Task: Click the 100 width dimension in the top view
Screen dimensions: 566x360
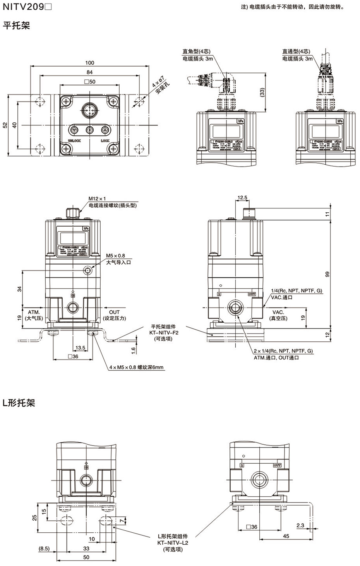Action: click(x=89, y=63)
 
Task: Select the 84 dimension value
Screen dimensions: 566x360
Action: click(x=89, y=72)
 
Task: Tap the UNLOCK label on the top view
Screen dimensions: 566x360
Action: click(x=74, y=141)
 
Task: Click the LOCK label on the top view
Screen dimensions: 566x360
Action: click(x=105, y=141)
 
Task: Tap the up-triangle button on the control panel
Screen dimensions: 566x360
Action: click(x=105, y=130)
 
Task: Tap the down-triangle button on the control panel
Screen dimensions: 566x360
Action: click(x=74, y=130)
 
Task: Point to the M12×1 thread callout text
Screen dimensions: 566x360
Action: click(x=97, y=199)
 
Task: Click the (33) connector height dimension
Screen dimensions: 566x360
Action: click(x=262, y=92)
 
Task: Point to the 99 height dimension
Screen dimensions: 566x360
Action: click(x=328, y=275)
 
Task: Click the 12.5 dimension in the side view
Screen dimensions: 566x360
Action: click(x=242, y=198)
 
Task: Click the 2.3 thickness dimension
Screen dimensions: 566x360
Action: click(x=300, y=526)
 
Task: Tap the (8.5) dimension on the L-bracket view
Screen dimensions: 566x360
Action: click(x=44, y=548)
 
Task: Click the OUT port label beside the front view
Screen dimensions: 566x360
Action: click(x=114, y=312)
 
